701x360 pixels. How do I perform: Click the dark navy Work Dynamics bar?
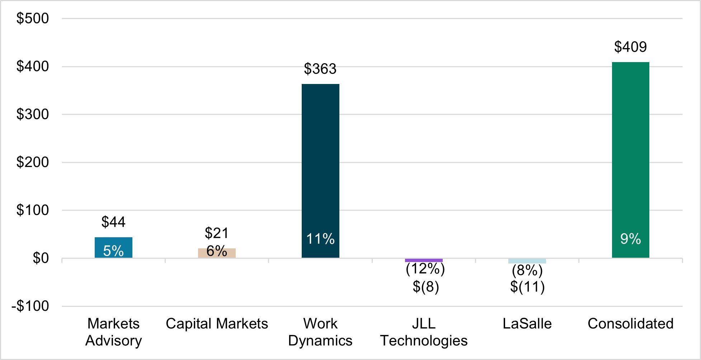[x=320, y=162]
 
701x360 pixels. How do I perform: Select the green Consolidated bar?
[x=630, y=151]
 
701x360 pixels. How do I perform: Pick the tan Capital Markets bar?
[x=217, y=253]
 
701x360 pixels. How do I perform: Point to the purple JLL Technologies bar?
[x=424, y=260]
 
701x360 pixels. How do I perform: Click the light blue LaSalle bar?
[x=527, y=261]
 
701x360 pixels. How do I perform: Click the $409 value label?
[x=630, y=47]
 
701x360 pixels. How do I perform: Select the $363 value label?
[x=320, y=69]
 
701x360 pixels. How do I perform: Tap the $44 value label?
[x=113, y=222]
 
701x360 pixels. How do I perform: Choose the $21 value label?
[x=217, y=233]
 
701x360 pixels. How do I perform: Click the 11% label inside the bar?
[x=320, y=239]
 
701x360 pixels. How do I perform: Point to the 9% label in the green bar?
[x=630, y=239]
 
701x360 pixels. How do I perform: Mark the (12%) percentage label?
[x=425, y=269]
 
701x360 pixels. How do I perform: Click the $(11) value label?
[x=527, y=287]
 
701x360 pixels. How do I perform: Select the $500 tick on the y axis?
[x=33, y=18]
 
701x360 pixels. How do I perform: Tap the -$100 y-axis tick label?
[x=30, y=306]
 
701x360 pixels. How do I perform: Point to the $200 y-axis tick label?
[x=33, y=162]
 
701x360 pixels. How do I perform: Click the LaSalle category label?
[x=527, y=324]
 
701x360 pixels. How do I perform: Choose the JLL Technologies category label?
[x=424, y=332]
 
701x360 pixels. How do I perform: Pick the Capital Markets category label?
[x=217, y=324]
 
